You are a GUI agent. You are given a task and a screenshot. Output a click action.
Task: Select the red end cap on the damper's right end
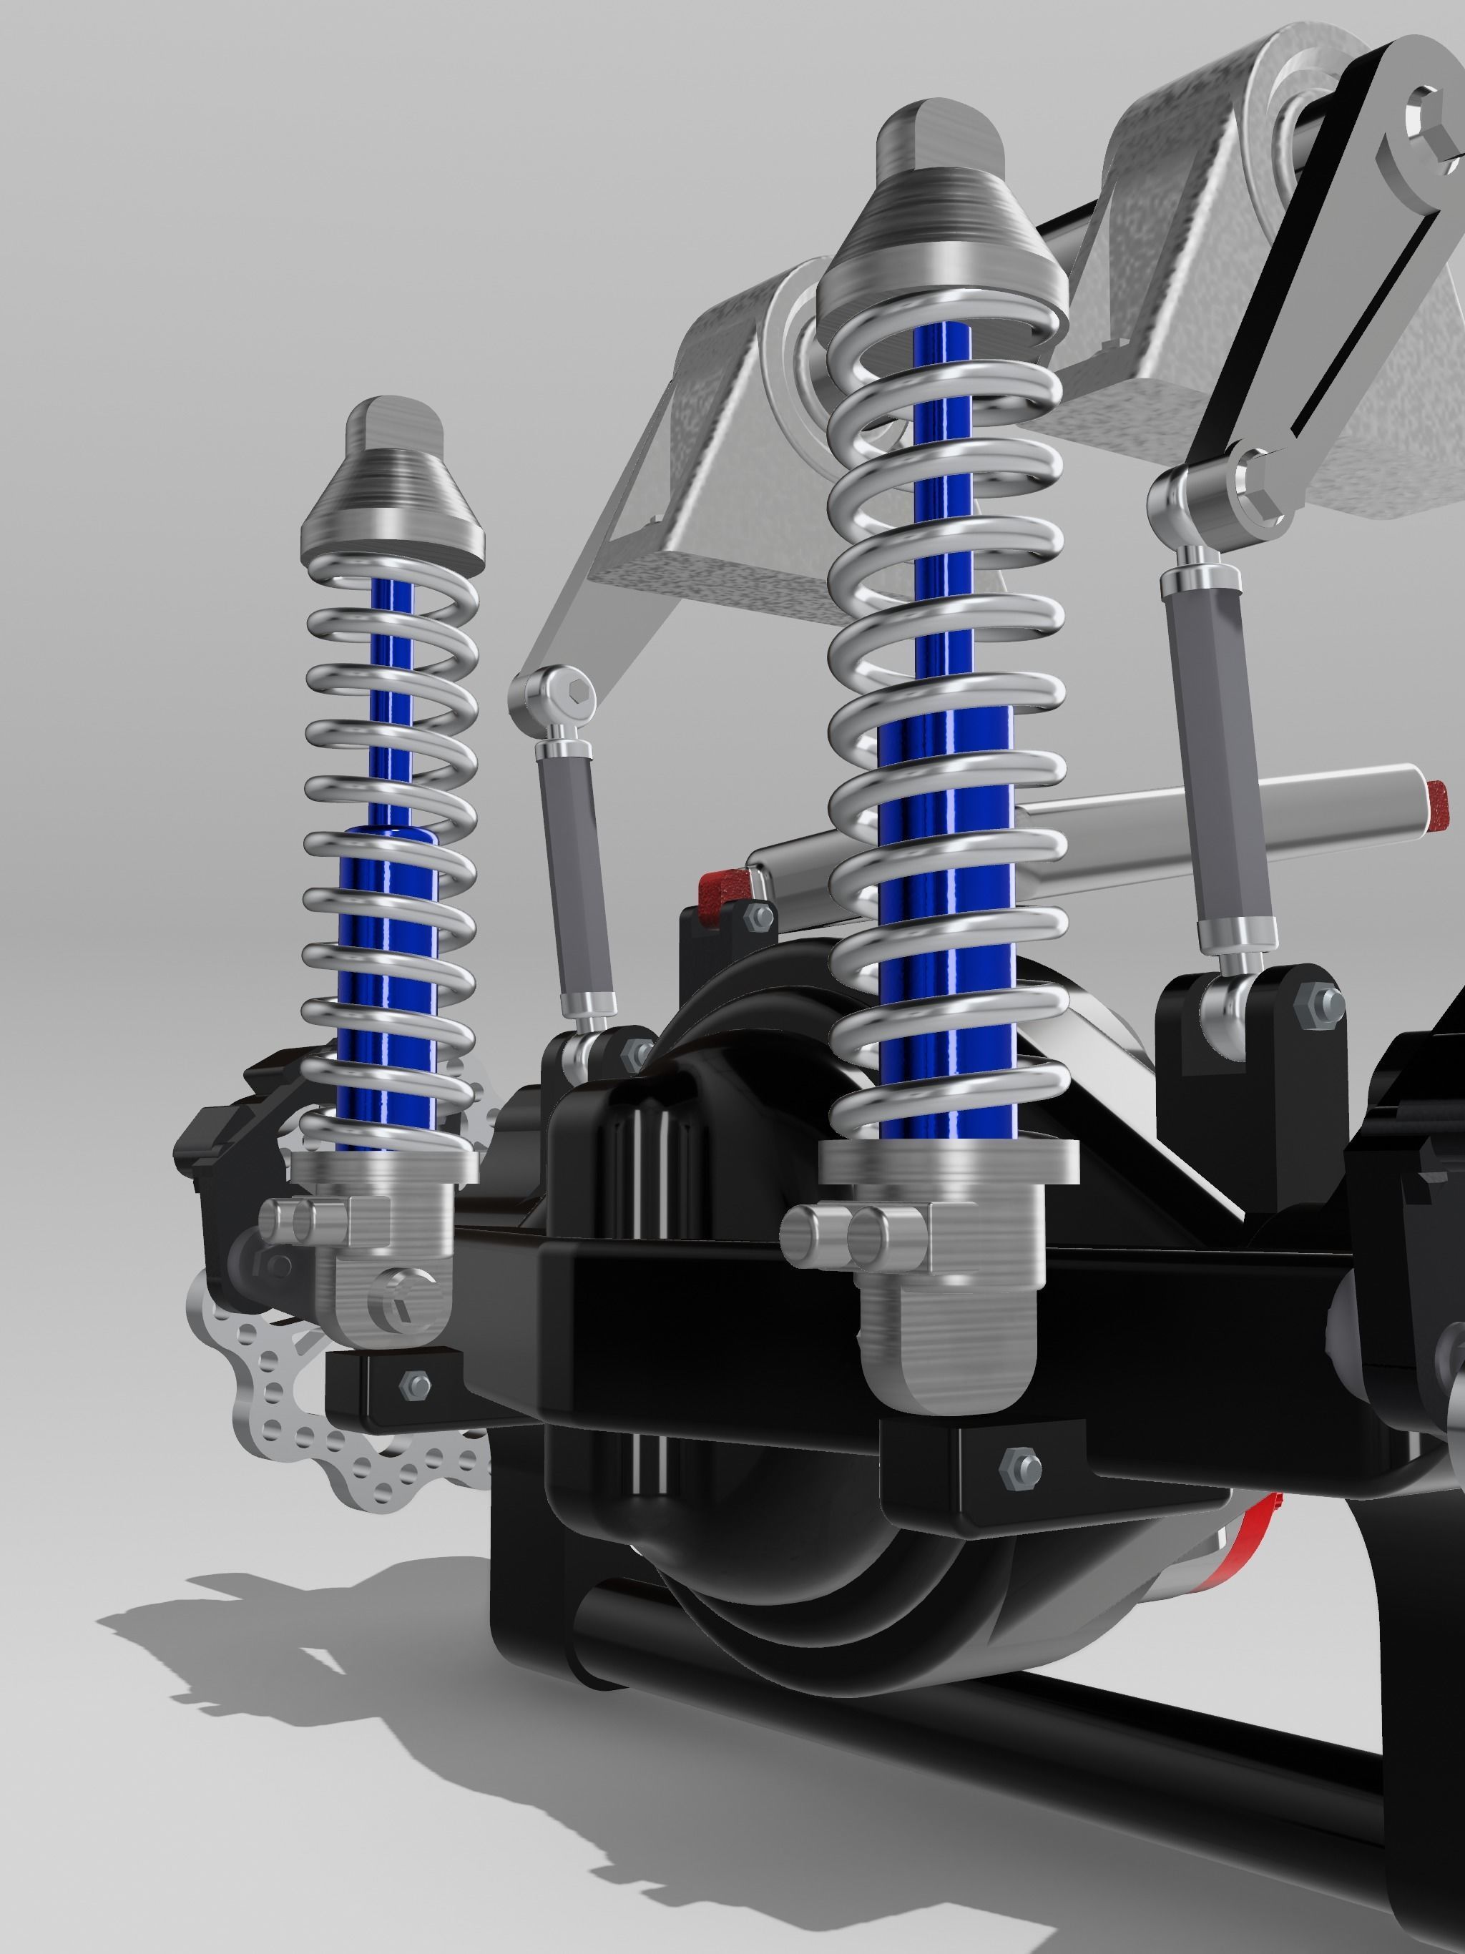(1438, 800)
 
